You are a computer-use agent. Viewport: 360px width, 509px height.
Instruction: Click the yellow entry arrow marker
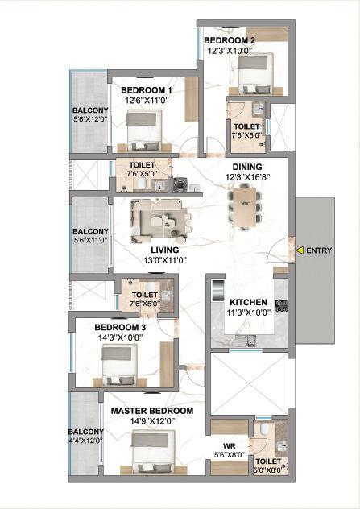click(300, 250)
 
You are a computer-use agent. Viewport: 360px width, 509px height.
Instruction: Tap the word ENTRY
click(319, 250)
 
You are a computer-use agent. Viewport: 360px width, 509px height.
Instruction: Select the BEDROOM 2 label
click(230, 40)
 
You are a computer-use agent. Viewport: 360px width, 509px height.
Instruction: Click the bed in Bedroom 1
click(144, 130)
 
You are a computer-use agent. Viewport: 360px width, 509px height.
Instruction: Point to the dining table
click(245, 207)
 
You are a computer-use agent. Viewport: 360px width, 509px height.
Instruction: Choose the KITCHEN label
click(248, 302)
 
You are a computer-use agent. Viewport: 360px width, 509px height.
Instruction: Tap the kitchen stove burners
click(281, 306)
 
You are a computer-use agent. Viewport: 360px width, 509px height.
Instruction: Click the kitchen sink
click(250, 341)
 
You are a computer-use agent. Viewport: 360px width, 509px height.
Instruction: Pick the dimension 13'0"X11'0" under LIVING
click(165, 260)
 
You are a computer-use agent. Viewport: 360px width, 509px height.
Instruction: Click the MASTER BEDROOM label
click(152, 411)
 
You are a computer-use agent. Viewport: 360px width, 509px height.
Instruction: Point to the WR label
click(230, 446)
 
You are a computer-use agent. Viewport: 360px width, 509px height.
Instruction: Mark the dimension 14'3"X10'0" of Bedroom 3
click(121, 337)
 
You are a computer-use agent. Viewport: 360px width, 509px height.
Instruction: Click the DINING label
click(247, 167)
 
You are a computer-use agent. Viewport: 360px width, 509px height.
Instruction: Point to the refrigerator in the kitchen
click(217, 291)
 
